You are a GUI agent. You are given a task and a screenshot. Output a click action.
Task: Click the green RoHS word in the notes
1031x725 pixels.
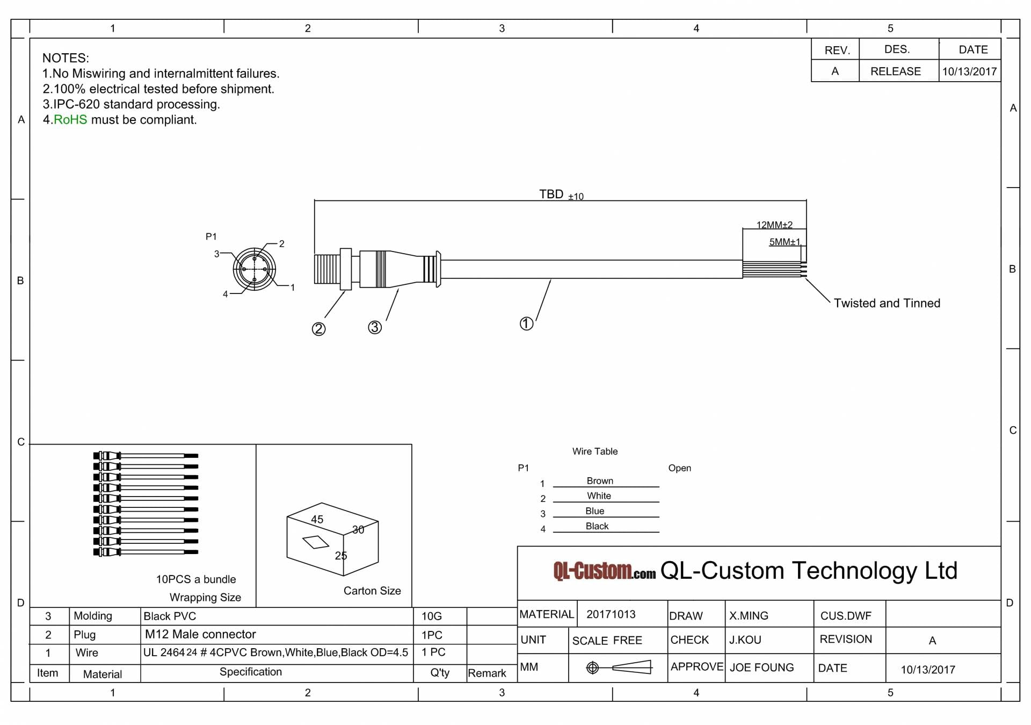tap(70, 119)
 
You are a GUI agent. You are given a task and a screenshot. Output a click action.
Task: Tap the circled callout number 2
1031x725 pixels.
tap(318, 329)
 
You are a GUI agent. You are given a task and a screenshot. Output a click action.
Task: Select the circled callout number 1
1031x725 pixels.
tap(526, 323)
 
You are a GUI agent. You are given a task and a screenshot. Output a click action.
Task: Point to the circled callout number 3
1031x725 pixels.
tap(375, 327)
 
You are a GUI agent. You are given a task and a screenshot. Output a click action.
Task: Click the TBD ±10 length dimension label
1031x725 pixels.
tap(561, 195)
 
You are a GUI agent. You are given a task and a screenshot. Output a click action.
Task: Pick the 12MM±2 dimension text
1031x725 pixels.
tap(774, 225)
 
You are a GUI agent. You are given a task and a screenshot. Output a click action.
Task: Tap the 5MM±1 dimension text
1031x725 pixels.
tap(784, 242)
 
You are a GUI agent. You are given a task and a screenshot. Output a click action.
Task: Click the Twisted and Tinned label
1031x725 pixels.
tap(887, 303)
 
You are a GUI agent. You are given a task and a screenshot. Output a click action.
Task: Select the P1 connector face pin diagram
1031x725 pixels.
tap(255, 269)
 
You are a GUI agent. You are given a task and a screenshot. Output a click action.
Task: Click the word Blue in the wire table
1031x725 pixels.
tap(594, 511)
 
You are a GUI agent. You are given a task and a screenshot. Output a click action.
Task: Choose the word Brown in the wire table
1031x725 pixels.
tap(600, 480)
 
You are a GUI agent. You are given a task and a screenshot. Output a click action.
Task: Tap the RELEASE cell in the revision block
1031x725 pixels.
tap(895, 71)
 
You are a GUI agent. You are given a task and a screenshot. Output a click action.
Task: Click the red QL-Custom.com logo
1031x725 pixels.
tap(604, 571)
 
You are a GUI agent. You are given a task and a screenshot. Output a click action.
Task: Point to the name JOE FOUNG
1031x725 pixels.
tap(761, 667)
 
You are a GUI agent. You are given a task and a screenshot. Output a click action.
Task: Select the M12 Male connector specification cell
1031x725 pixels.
tap(200, 634)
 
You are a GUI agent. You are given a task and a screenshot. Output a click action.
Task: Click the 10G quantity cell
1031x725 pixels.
tap(431, 616)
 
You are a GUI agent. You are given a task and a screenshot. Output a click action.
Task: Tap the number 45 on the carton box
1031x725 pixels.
tap(317, 519)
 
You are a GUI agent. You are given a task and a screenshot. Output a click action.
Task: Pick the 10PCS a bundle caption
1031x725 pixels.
tap(195, 579)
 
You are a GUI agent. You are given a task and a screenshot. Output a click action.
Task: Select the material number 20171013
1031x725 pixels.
tap(611, 614)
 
